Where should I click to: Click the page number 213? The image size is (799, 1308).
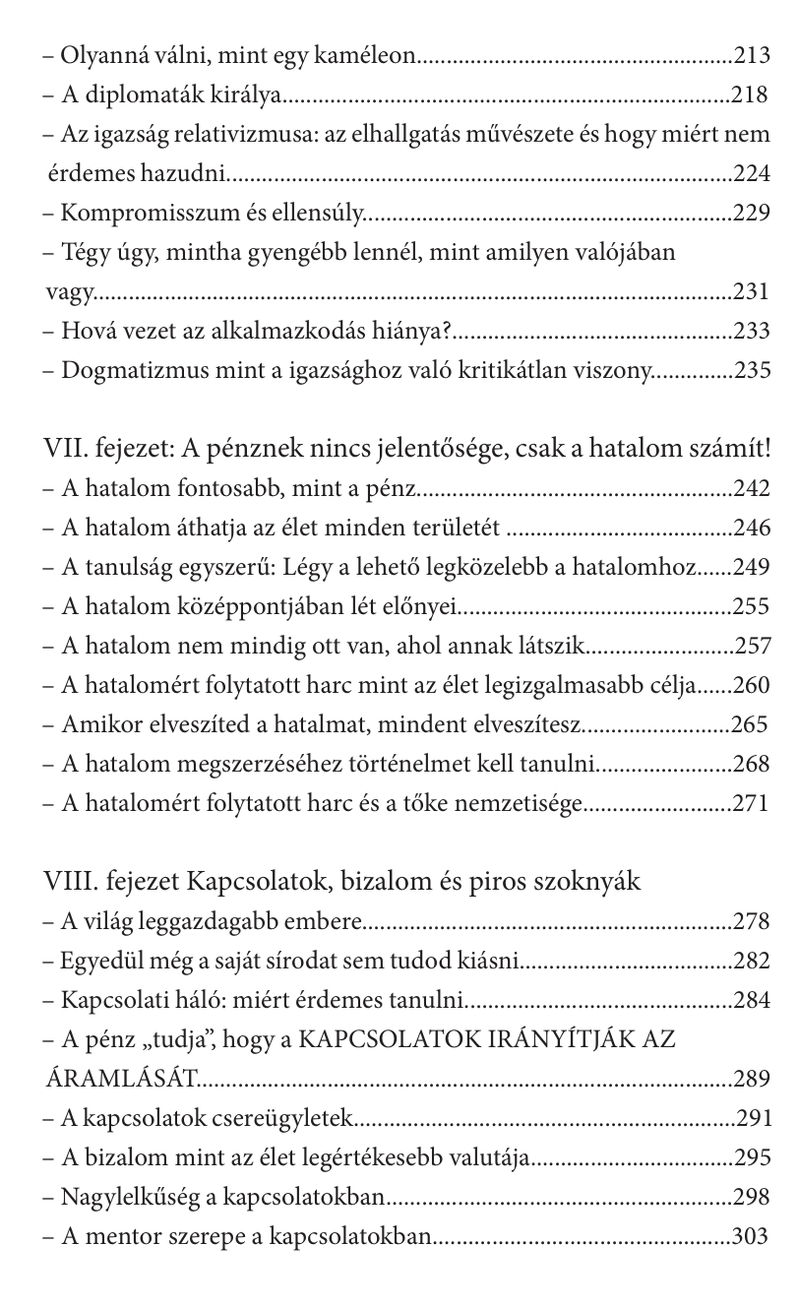[x=752, y=56]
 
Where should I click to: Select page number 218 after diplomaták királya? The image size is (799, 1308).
[x=752, y=95]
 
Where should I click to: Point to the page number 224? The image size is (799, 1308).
[x=752, y=174]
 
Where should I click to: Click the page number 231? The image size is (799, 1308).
[x=752, y=292]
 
